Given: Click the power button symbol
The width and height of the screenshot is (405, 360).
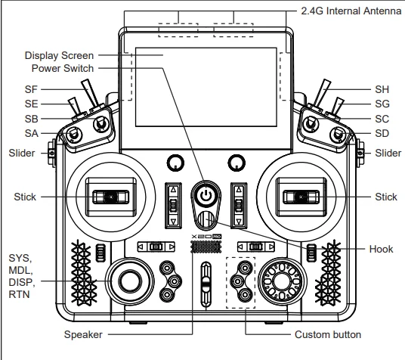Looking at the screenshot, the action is pos(206,196).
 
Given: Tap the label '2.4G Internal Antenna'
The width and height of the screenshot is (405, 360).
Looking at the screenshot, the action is pos(351,11).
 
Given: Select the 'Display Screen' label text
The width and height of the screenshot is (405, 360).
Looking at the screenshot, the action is pos(59,56).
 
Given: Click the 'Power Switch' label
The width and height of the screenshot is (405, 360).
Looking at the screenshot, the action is pos(63,69).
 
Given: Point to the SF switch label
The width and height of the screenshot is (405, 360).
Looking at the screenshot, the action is pos(31,89).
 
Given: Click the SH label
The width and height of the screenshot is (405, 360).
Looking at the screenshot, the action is pos(382,89).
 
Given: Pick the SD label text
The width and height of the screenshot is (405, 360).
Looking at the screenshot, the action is pos(382,133).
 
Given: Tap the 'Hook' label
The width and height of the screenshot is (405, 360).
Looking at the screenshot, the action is pos(381,249).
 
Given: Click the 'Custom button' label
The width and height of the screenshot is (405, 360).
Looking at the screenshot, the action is pos(328,334).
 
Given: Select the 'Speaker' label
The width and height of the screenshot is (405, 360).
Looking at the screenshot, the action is pos(83,334).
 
